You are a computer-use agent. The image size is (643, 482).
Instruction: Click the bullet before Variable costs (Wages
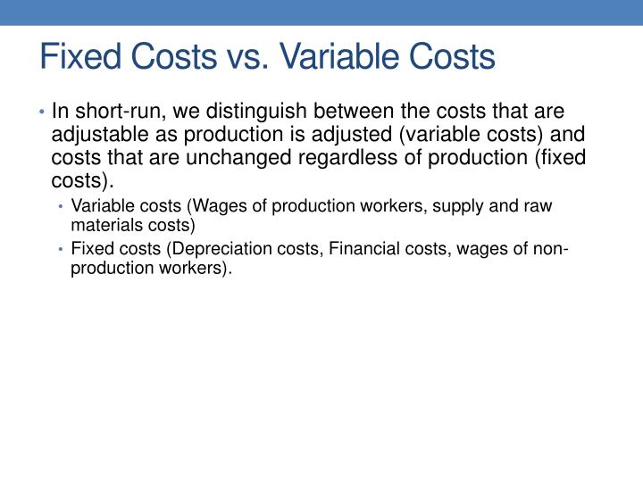(61, 207)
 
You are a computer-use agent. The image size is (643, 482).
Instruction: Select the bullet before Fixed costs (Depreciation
(61, 249)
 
